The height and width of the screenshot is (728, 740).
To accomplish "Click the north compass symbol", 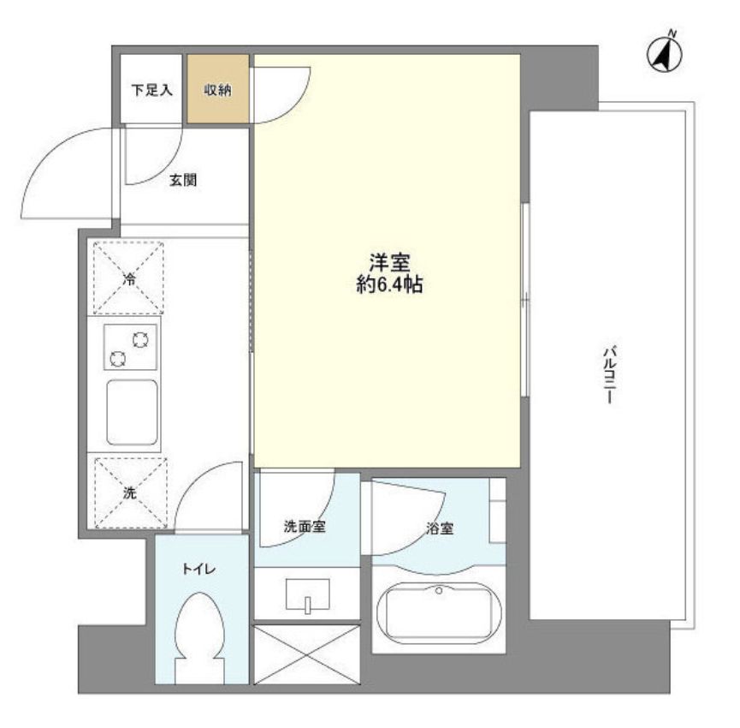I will click(x=665, y=53).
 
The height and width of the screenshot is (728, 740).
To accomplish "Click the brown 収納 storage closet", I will click(x=218, y=90).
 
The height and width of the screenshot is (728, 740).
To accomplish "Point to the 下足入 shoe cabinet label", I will click(x=150, y=90).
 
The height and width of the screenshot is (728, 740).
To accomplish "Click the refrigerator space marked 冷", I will click(x=129, y=278).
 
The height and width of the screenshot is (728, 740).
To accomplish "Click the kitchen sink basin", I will click(x=131, y=413).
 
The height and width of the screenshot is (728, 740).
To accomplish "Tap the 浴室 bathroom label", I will click(x=438, y=528).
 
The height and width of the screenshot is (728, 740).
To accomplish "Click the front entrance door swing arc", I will click(x=64, y=171).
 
